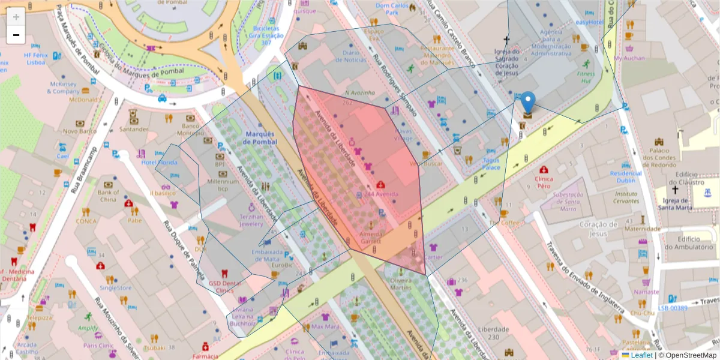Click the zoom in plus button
(16, 17)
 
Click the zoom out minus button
(16, 35)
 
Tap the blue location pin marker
(528, 102)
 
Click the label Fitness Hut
(586, 77)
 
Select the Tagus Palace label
(491, 163)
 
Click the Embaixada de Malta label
(267, 256)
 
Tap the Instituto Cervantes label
(626, 197)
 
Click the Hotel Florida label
(159, 163)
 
